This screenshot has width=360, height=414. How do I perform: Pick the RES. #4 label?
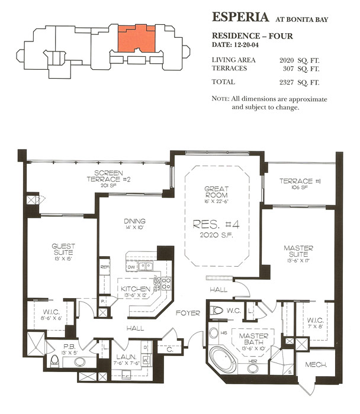pyautogui.click(x=216, y=224)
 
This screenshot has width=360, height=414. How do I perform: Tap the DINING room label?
pyautogui.click(x=136, y=221)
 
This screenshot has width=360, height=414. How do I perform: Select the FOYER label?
pyautogui.click(x=188, y=313)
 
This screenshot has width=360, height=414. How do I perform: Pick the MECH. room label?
pyautogui.click(x=316, y=365)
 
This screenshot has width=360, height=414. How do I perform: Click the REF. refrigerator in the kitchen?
pyautogui.click(x=104, y=267)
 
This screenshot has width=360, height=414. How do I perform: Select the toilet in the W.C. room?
pyautogui.click(x=217, y=310)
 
